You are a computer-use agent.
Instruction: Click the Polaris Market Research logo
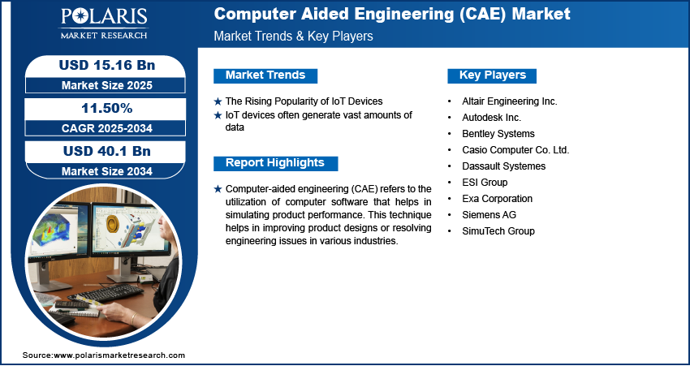pos(104,24)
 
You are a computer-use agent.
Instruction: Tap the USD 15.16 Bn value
pos(107,65)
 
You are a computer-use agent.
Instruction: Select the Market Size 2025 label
pos(107,85)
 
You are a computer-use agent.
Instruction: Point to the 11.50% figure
pos(107,108)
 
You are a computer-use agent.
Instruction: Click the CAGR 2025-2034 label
pos(107,128)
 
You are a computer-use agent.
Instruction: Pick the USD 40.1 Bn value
pos(107,151)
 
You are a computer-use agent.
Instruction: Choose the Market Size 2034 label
pos(107,171)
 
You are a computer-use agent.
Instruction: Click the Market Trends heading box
pos(265,75)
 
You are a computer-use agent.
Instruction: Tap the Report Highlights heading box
pos(275,163)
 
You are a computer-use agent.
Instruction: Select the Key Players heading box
pos(492,75)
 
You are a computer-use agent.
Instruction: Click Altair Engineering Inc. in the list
pos(510,101)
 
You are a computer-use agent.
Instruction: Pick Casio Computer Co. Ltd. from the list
pos(515,150)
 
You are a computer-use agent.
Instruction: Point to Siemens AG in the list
pos(489,215)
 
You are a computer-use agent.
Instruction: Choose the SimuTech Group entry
pos(498,231)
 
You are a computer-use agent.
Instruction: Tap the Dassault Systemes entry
pos(504,166)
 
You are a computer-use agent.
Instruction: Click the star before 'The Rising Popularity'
pos(218,101)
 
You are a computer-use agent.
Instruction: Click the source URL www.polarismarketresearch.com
pos(119,355)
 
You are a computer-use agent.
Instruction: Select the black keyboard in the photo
pos(106,292)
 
